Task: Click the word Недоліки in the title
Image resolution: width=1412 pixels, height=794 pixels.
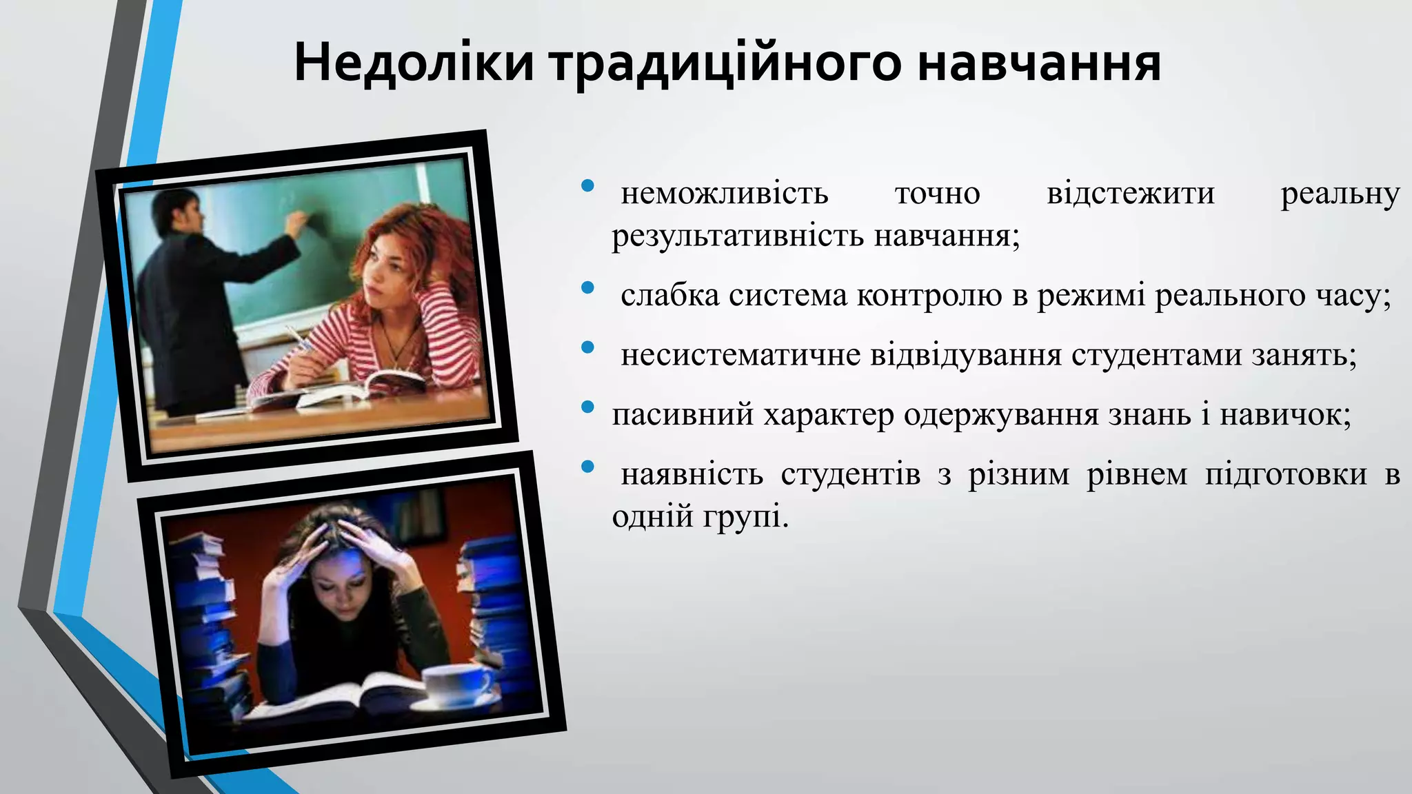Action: tap(414, 63)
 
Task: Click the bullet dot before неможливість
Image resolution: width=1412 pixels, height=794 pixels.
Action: tap(587, 185)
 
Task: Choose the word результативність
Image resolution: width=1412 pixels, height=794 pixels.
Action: tap(738, 236)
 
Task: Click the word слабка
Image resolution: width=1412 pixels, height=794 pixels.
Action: tap(669, 296)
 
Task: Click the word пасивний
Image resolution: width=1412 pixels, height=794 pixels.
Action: tap(683, 415)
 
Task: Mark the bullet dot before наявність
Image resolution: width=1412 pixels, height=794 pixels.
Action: tap(587, 467)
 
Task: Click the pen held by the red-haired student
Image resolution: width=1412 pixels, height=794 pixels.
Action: tap(298, 338)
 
